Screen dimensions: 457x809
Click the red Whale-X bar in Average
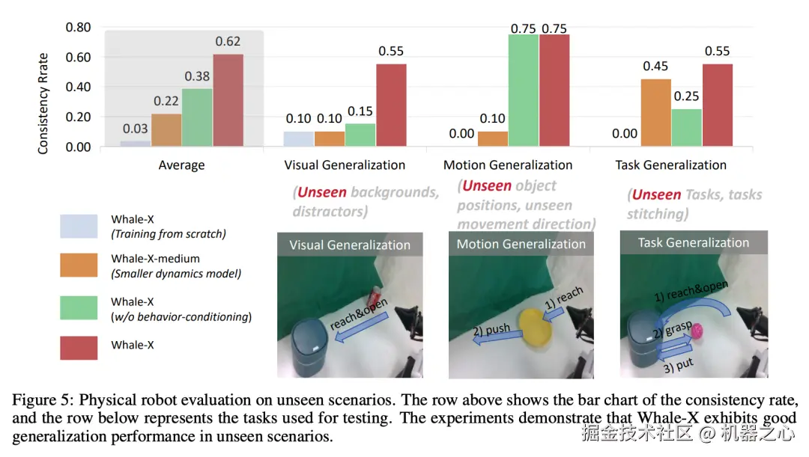coord(228,100)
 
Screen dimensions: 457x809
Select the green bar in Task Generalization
coord(686,128)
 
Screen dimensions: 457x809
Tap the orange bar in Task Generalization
coord(655,113)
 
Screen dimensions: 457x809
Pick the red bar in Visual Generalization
coord(391,105)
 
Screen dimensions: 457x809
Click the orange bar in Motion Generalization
coord(492,139)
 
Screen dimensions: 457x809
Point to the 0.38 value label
coord(197,76)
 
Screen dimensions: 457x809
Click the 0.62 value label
coord(228,42)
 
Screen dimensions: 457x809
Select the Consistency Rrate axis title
coord(43,103)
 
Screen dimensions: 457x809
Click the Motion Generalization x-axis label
coord(507,165)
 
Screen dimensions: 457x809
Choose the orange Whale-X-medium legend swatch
coord(79,266)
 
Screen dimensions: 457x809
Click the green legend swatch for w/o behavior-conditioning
coord(79,308)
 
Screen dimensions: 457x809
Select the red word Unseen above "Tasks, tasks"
coord(656,195)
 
